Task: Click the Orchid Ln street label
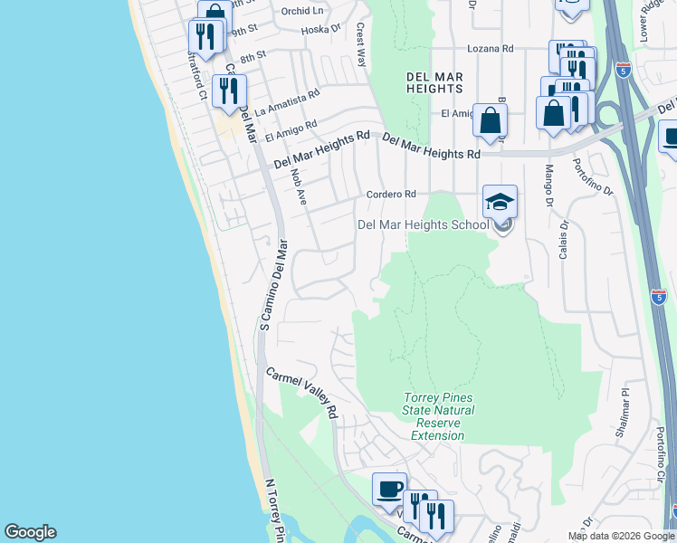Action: tap(301, 11)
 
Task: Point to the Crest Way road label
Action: tap(361, 45)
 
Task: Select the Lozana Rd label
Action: tap(490, 48)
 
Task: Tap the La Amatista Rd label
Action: tap(288, 103)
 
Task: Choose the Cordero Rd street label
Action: tap(390, 194)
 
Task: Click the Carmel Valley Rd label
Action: tap(301, 392)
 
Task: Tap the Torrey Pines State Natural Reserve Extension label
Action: tap(437, 416)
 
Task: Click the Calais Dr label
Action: tap(563, 239)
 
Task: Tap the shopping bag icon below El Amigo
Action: tap(490, 120)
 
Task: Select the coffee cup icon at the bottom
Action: tap(390, 489)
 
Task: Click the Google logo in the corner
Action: tap(30, 532)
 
